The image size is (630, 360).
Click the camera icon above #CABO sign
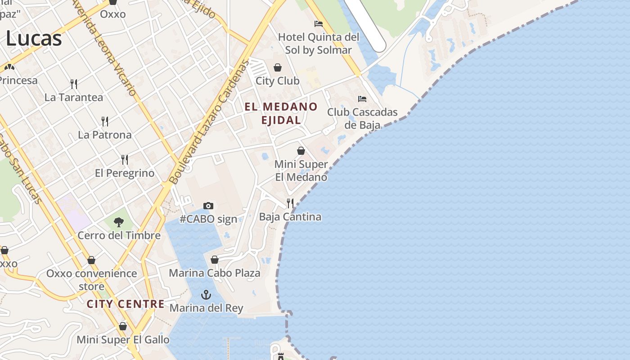(208, 206)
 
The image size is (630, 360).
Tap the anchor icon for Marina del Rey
(206, 295)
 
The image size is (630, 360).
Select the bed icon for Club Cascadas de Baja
(362, 99)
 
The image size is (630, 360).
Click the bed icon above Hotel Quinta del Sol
(319, 23)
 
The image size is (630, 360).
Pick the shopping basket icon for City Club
(278, 67)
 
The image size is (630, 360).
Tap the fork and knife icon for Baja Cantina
(290, 203)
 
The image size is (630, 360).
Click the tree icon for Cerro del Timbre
(119, 222)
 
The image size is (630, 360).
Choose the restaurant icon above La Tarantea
(74, 84)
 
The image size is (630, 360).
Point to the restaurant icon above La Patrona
(105, 121)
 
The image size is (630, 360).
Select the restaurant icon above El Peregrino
(125, 159)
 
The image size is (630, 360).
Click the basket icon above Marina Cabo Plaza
(215, 260)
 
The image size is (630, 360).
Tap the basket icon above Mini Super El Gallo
(123, 326)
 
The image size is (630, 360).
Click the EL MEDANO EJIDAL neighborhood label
(281, 113)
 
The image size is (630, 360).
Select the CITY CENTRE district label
(126, 304)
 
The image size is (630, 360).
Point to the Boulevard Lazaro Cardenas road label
(210, 121)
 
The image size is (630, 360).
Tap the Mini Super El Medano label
(301, 171)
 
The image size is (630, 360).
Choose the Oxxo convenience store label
(92, 279)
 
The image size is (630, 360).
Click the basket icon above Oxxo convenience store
(91, 260)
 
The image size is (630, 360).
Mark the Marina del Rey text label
(206, 308)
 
